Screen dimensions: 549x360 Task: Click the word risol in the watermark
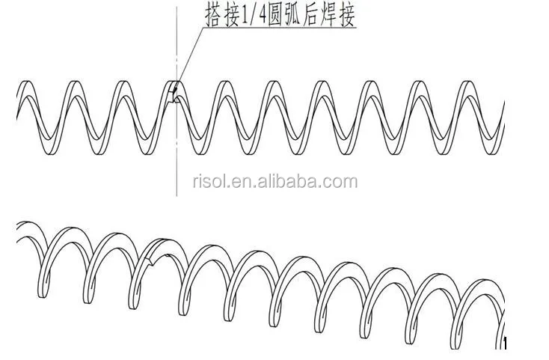pos(209,181)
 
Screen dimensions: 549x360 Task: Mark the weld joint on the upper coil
pos(174,94)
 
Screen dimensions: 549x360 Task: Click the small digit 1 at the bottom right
pos(506,344)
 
